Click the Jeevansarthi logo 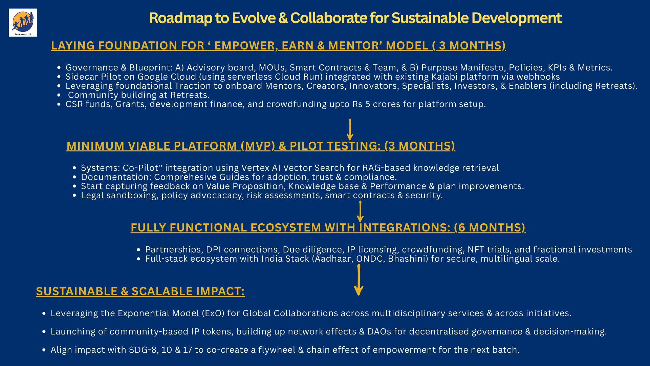23,22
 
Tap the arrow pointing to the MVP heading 350,129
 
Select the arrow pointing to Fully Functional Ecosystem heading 360,211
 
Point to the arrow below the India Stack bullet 359,280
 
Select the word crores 387,104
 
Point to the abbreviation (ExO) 213,313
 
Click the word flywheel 277,350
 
